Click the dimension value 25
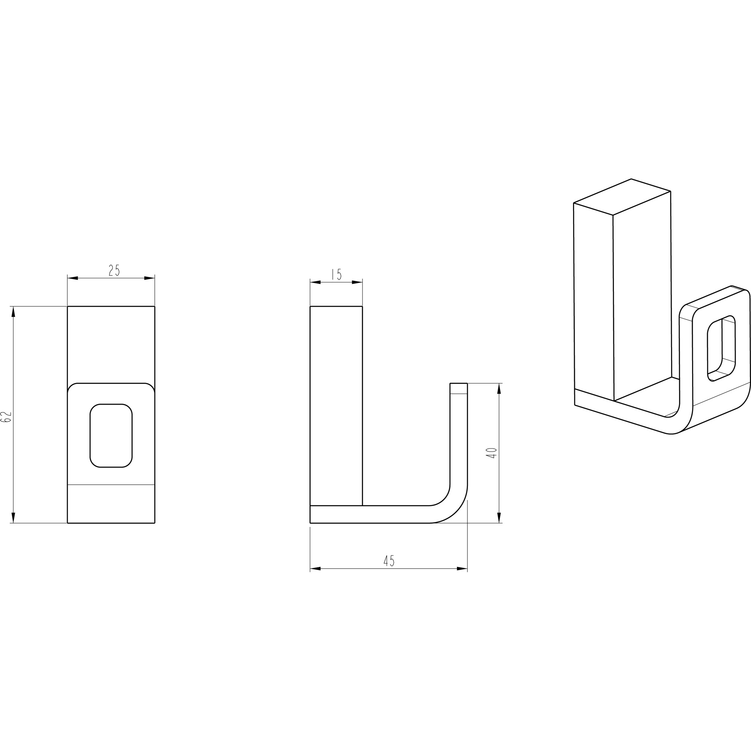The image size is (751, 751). pos(114,270)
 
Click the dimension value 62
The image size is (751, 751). pos(7,417)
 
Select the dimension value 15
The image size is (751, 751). pos(336,274)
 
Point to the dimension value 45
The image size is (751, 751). pos(389,561)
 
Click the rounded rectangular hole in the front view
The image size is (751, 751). pos(111,435)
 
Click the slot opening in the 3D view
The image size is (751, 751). pos(721,348)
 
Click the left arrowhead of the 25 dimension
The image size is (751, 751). pos(73,278)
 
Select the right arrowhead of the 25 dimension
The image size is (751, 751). pos(149,278)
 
